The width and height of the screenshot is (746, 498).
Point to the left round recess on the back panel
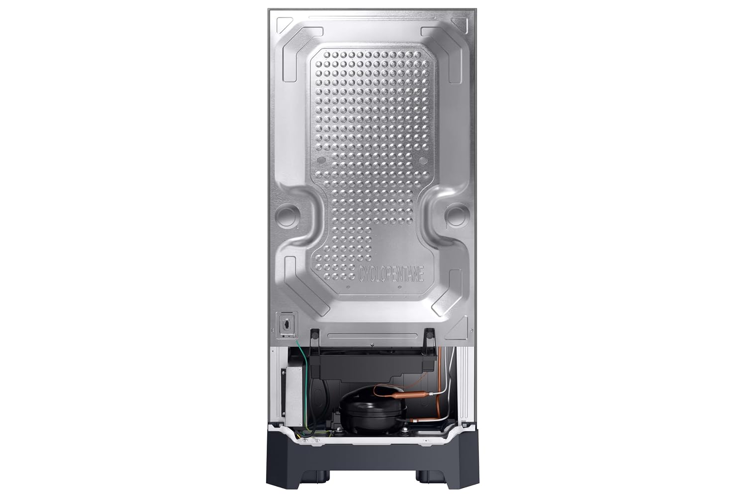pos(286,214)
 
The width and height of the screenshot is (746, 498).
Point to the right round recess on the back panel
pos(456,214)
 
